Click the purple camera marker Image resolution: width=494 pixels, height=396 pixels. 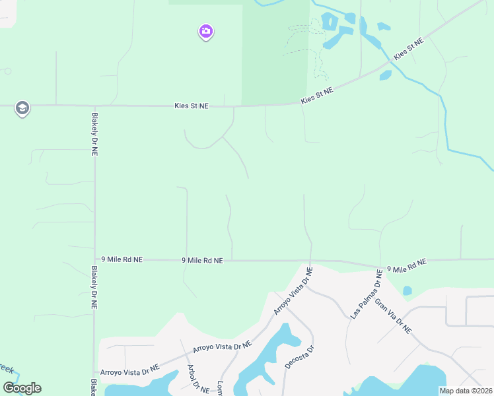coord(206,31)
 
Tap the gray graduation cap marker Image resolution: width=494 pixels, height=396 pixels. coord(22,108)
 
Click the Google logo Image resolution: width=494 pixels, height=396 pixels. coord(22,387)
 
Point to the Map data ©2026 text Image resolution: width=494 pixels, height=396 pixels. coord(465,391)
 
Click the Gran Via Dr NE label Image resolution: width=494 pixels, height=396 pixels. coord(393,315)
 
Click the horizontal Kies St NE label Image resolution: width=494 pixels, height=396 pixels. coord(192,106)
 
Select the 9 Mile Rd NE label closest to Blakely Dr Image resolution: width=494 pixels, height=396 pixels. coord(122,260)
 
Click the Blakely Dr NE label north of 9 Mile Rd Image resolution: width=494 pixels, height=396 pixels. coord(94,133)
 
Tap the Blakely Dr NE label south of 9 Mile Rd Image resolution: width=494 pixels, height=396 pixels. coord(94,288)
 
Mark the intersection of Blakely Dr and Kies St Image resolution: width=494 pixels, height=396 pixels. coord(94,106)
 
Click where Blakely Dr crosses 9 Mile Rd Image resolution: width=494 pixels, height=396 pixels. coord(94,259)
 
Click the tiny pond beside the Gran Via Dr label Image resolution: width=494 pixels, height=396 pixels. coord(407,290)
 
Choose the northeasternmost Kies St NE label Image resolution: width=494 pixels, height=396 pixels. coord(408,49)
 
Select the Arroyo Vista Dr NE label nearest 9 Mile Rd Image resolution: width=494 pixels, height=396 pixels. coord(293,291)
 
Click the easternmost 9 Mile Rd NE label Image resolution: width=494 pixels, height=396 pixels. coord(407,265)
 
